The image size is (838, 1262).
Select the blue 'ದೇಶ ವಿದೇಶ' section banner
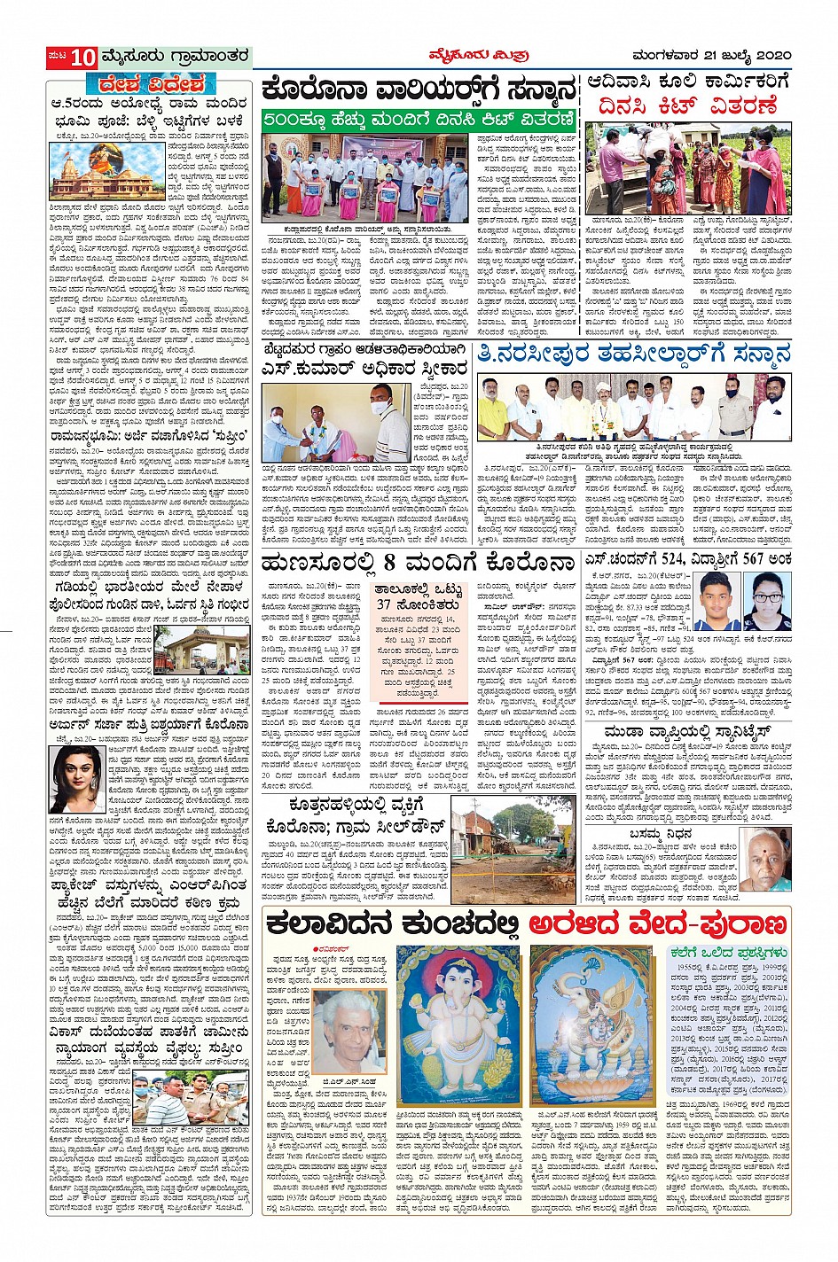(x=146, y=84)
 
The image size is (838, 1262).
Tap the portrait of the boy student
(x=717, y=601)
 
